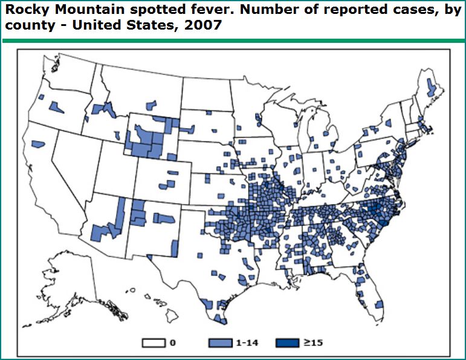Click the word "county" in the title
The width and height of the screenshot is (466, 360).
(x=24, y=28)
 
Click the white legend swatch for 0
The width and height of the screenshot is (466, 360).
(x=154, y=343)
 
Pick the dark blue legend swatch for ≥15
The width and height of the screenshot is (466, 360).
(x=287, y=343)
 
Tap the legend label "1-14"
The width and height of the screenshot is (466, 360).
(x=244, y=343)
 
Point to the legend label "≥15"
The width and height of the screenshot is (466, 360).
(x=312, y=343)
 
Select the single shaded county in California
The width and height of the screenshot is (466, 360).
(x=39, y=144)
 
